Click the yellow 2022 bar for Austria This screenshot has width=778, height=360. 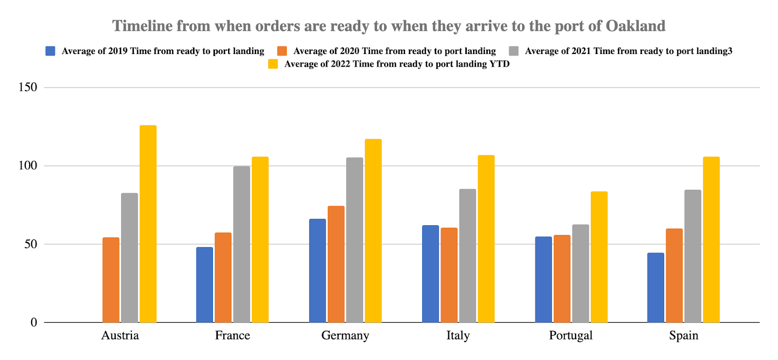pyautogui.click(x=148, y=224)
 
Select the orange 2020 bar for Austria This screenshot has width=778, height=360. pyautogui.click(x=111, y=280)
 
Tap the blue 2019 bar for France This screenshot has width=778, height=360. pyautogui.click(x=204, y=285)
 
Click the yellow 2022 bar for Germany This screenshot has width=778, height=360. pyautogui.click(x=373, y=231)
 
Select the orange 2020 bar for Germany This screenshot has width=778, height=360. pyautogui.click(x=336, y=264)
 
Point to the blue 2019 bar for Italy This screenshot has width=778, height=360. pyautogui.click(x=430, y=274)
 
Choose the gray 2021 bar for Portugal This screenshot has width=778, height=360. pyautogui.click(x=581, y=273)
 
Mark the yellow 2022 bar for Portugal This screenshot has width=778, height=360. pyautogui.click(x=599, y=257)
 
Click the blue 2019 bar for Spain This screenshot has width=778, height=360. pyautogui.click(x=655, y=288)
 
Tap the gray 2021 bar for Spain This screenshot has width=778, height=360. pyautogui.click(x=693, y=256)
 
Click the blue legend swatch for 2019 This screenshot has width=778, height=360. pyautogui.click(x=51, y=51)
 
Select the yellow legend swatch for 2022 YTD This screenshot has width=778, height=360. pyautogui.click(x=273, y=64)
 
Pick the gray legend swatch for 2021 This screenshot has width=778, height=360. pyautogui.click(x=514, y=51)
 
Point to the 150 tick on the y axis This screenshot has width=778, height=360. pyautogui.click(x=28, y=88)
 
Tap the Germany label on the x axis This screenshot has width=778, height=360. pyautogui.click(x=345, y=335)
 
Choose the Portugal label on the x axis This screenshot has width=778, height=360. pyautogui.click(x=571, y=335)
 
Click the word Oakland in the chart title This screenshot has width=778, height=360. pyautogui.click(x=636, y=26)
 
